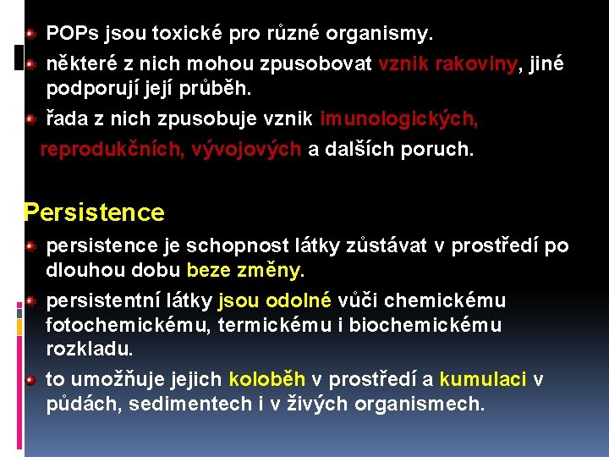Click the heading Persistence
94,212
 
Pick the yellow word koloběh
269,380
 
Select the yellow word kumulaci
483,380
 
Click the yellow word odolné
299,300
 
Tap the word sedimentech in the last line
190,405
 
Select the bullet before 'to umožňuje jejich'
30,380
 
